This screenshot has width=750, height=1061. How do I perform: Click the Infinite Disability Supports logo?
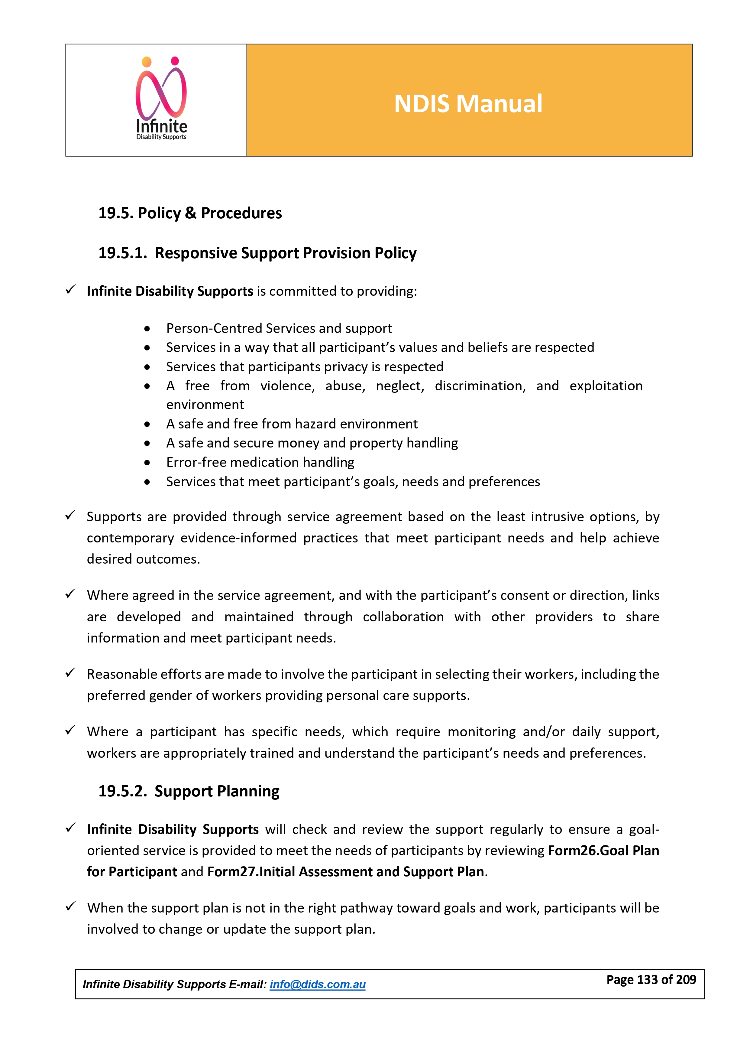coord(161,99)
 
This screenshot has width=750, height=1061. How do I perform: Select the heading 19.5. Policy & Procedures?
coord(190,213)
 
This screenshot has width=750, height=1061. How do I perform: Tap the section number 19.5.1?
coord(122,253)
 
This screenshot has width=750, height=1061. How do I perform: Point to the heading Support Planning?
coord(217,791)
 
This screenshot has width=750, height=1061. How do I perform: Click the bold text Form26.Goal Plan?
coord(603,851)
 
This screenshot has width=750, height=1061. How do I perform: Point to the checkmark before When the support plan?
coord(70,907)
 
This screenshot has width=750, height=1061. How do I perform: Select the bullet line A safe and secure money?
coord(312,443)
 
